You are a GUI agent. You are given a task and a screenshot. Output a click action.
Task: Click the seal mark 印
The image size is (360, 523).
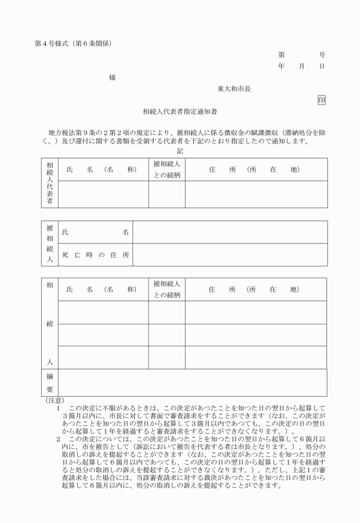322,100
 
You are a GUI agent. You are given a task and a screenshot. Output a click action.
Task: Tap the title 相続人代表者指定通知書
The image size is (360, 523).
180,112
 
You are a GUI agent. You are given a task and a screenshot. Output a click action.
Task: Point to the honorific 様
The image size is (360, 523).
113,78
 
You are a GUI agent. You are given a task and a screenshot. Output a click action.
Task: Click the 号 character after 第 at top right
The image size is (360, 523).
322,55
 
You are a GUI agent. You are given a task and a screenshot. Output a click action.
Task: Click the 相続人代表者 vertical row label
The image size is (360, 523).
49,183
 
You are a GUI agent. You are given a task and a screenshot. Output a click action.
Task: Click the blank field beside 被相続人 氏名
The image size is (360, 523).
230,233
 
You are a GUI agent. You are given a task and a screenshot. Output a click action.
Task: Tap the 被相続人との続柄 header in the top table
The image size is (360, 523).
167,170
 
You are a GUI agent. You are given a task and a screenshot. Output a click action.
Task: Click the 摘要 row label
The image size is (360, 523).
49,383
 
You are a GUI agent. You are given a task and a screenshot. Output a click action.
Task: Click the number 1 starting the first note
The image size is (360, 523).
58,408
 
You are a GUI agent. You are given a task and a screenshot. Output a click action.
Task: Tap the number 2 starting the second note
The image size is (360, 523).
58,439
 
